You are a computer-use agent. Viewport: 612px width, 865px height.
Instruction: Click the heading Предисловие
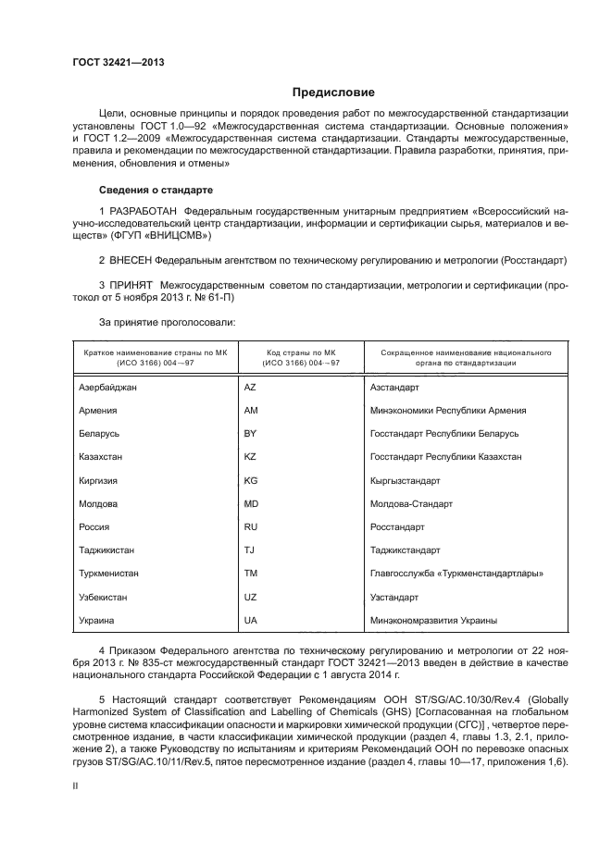333,93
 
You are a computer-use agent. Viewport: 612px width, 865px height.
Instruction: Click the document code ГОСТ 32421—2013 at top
112,63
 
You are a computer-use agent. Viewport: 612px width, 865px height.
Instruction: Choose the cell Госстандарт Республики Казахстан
445,457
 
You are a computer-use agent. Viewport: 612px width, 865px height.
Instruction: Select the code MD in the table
251,504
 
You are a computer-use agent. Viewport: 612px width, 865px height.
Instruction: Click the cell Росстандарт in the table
397,527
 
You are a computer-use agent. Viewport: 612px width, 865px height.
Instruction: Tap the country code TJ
249,550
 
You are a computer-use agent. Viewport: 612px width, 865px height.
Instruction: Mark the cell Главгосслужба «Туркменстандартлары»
456,574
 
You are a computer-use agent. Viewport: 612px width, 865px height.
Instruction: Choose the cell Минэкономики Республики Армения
448,411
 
